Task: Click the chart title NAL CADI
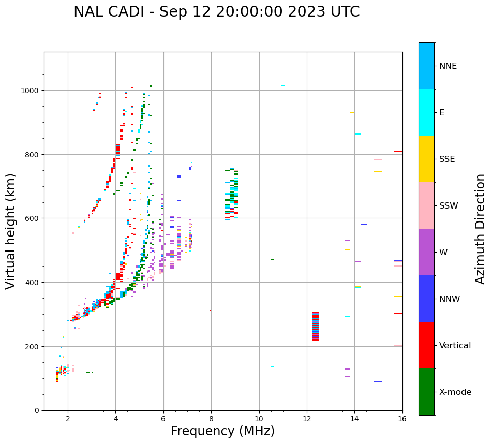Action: pos(216,12)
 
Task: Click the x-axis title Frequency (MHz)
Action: pos(222,431)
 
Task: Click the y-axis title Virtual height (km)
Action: pos(11,231)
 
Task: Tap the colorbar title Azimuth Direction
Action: pos(481,229)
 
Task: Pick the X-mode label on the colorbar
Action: pos(455,392)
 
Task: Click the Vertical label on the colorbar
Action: pos(455,346)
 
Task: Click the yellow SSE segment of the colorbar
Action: pos(426,159)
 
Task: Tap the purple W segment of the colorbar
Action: pos(426,252)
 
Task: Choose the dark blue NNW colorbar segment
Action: pos(426,299)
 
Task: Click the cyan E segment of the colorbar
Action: pos(426,112)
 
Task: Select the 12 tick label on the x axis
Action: pos(307,419)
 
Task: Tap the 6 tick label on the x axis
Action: pos(163,419)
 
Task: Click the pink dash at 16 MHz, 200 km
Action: pos(398,346)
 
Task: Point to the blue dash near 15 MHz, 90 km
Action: pos(378,381)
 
